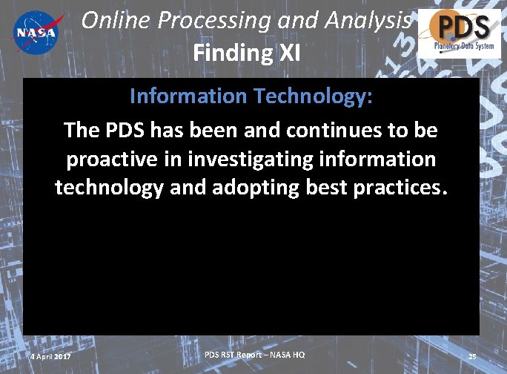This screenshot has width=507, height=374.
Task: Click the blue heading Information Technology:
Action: (251, 96)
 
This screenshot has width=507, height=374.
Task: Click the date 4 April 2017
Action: (50, 357)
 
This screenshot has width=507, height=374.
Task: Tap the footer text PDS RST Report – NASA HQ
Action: (254, 355)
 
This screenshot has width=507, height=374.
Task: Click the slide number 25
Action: (472, 357)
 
